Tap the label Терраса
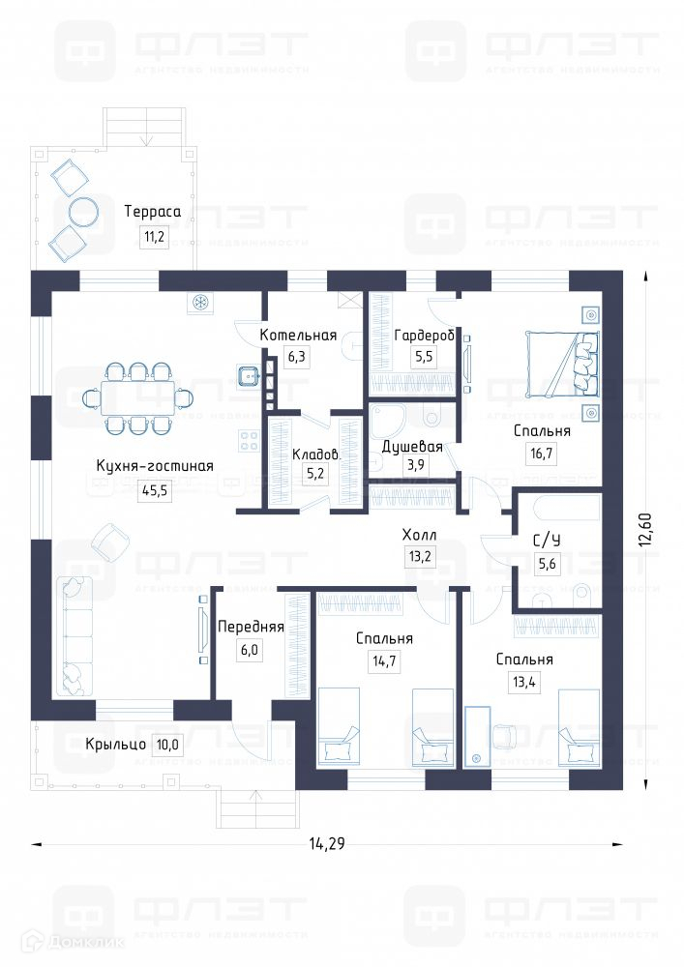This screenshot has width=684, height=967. click(x=153, y=210)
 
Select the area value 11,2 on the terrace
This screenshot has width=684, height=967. click(x=153, y=235)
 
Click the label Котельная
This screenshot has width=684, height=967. click(x=298, y=336)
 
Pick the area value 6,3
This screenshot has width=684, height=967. click(x=296, y=357)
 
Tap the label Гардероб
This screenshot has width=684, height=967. click(x=425, y=336)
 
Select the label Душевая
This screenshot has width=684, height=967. click(x=412, y=447)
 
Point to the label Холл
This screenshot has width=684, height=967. click(x=420, y=535)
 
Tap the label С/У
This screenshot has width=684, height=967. click(x=547, y=542)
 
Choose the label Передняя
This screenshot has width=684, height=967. click(x=251, y=627)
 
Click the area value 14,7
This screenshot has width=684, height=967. click(x=383, y=661)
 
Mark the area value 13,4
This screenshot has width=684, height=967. click(x=524, y=683)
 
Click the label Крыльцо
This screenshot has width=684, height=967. click(x=115, y=745)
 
